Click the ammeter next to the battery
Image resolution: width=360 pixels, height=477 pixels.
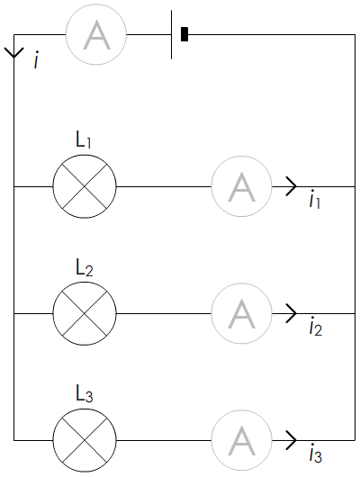[96, 34]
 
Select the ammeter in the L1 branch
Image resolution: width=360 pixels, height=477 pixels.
[241, 186]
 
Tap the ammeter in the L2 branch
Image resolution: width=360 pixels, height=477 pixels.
[241, 313]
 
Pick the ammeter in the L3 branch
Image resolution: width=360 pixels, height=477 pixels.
[241, 440]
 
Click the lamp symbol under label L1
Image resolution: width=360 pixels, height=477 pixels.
[85, 186]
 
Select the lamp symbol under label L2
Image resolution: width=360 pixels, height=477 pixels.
[85, 313]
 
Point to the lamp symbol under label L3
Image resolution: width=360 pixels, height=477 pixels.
[85, 440]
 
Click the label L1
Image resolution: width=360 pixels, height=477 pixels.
[84, 139]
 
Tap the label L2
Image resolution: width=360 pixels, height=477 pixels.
[85, 267]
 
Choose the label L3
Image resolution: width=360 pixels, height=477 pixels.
[85, 394]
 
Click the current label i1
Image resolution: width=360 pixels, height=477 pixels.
[315, 201]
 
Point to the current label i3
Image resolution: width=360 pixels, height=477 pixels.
[316, 454]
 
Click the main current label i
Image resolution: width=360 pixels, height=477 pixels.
[37, 60]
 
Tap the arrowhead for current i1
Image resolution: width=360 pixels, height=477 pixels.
[292, 186]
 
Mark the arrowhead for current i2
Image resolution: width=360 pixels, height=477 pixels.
[292, 313]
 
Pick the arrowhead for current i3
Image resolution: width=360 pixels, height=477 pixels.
[292, 440]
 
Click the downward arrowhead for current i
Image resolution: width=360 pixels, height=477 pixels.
[13, 53]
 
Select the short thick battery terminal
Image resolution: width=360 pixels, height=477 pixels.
[184, 34]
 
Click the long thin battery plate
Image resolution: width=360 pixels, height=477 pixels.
[171, 34]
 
